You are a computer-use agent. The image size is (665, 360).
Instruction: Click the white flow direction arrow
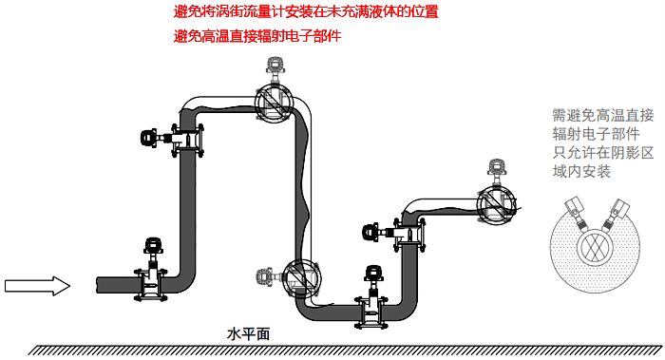point(37,284)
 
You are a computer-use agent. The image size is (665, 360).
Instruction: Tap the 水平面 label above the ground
point(249,334)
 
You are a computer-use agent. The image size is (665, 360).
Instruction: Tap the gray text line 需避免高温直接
point(602,115)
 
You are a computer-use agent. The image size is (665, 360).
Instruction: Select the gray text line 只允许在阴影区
point(602,153)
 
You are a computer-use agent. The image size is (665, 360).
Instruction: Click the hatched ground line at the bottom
point(342,350)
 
